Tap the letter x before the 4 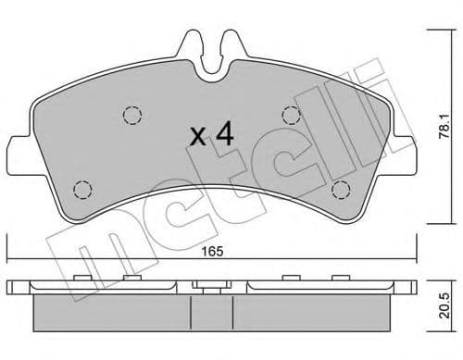point(196,138)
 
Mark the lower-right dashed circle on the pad point(341,190)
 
